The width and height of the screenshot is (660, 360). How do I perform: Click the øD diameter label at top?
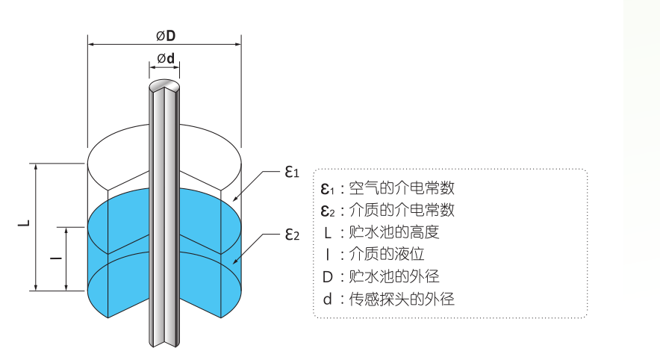tap(165, 35)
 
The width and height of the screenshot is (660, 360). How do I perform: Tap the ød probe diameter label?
tap(165, 58)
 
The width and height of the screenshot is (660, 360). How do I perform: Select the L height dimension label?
tap(24, 223)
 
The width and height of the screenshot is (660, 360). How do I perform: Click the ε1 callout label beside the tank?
tap(291, 172)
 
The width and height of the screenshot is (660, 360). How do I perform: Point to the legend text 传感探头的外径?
tap(402, 300)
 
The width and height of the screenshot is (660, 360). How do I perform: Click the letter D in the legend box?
tap(327, 277)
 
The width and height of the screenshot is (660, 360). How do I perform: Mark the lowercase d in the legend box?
tap(327, 300)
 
